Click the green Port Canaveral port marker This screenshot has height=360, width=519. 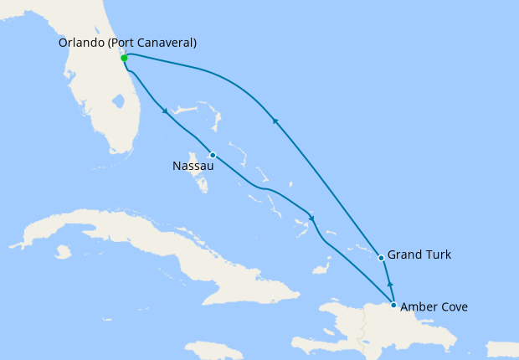click(x=124, y=58)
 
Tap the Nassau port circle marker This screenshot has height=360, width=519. click(x=213, y=155)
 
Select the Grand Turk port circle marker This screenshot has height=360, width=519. click(x=381, y=258)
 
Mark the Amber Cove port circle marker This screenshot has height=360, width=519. click(x=393, y=305)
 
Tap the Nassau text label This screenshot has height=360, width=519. click(x=193, y=166)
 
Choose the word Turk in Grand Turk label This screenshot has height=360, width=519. click(x=438, y=255)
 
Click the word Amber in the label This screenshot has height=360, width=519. click(x=420, y=307)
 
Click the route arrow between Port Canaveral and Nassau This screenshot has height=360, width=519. click(x=166, y=111)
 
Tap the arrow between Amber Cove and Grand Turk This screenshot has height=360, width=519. click(x=389, y=286)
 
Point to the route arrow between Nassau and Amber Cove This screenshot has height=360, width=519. click(x=311, y=219)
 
